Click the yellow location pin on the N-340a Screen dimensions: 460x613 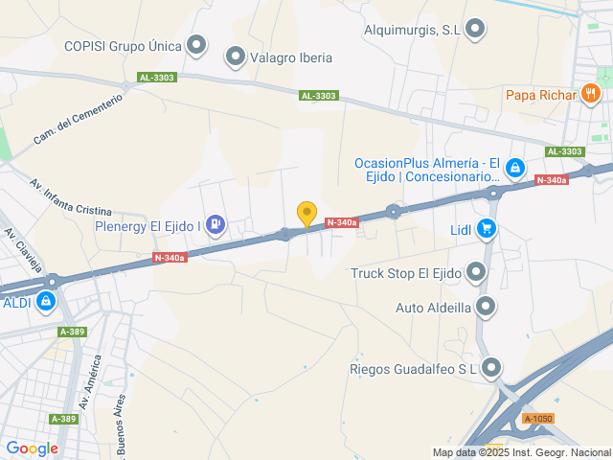click(x=306, y=214)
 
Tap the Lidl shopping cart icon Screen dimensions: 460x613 click(x=487, y=228)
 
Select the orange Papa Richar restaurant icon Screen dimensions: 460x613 click(x=590, y=94)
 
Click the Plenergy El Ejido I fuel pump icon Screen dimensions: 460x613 click(x=216, y=225)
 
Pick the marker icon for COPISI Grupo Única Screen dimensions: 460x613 click(x=197, y=44)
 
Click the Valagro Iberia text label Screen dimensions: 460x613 click(x=291, y=57)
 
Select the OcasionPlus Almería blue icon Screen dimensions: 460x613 click(x=515, y=169)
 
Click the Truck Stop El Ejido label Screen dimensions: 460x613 click(x=406, y=274)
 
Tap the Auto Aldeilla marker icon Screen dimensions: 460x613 click(x=487, y=307)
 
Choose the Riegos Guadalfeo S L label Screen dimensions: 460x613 click(x=414, y=368)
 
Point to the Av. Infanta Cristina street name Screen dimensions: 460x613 click(x=71, y=197)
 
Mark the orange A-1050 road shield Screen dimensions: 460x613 click(x=538, y=419)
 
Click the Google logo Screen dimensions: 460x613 click(x=33, y=448)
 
